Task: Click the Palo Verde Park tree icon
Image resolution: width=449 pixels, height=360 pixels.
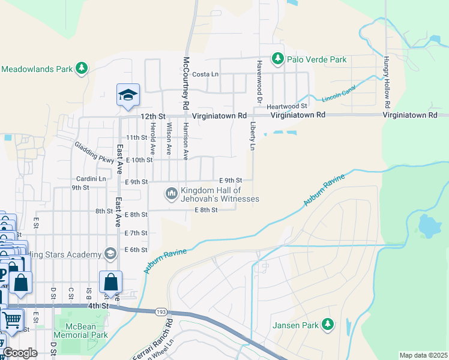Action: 277,59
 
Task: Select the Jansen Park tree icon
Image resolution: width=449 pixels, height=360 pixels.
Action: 328,325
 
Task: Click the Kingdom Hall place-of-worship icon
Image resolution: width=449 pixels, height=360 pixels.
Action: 172,193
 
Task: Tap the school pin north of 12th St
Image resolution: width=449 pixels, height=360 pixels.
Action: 128,95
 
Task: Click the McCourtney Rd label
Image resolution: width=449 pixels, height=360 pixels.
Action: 186,82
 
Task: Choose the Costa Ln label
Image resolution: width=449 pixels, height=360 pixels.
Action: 205,74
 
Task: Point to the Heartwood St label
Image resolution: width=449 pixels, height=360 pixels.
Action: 287,106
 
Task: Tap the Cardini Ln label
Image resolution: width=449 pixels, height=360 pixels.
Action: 91,179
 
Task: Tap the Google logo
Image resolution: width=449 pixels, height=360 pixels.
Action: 20,353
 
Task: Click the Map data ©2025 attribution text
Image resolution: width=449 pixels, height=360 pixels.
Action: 423,355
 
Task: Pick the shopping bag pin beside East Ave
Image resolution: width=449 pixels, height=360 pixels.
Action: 111,282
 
